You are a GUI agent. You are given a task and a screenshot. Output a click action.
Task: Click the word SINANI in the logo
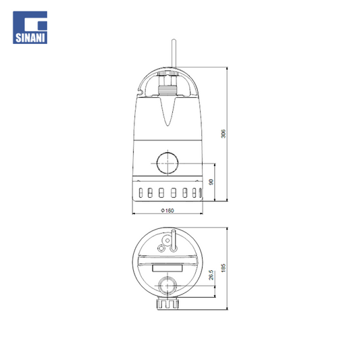point(30,38)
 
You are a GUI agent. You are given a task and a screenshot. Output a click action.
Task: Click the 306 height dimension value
point(223,134)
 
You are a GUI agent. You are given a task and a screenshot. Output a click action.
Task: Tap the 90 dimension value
point(211,182)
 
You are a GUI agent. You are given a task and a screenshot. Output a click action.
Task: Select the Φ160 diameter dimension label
point(168,210)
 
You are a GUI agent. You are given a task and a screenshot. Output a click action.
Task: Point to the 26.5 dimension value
point(211,275)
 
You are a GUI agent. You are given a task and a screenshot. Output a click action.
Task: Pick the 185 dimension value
point(223,268)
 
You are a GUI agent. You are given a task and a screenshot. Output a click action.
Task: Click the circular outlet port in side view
point(168,163)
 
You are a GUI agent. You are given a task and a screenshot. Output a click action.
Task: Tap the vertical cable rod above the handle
point(174,53)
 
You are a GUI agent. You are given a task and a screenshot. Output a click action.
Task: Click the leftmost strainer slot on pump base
point(140,192)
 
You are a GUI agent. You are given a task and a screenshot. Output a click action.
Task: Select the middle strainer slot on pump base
point(174,192)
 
